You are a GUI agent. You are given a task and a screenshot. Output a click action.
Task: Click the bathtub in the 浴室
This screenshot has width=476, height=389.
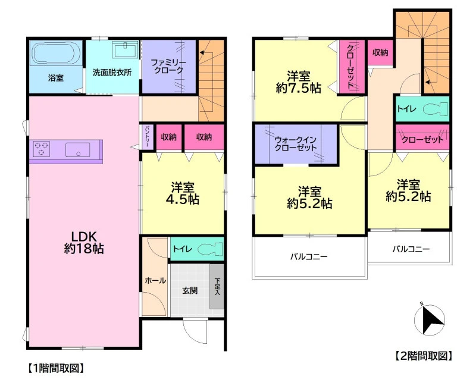(x=56, y=54)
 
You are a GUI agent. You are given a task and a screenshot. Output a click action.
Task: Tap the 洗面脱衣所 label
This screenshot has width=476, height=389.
(x=112, y=73)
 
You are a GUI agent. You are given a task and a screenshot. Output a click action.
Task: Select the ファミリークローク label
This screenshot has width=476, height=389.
(x=168, y=67)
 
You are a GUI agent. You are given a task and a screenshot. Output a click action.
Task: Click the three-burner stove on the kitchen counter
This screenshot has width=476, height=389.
(x=41, y=149)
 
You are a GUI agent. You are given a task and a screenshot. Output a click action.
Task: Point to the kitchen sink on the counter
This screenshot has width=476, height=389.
(x=78, y=149)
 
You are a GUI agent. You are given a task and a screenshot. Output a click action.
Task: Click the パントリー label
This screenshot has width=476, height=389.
(x=147, y=137)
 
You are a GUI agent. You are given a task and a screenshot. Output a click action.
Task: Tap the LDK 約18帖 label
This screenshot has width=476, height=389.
(x=84, y=242)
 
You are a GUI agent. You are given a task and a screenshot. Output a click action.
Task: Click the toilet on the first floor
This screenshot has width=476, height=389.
(x=211, y=249)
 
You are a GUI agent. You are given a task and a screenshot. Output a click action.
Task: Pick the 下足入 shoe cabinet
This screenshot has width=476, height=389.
(x=217, y=287)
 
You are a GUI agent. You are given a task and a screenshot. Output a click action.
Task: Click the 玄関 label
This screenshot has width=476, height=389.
(x=190, y=291)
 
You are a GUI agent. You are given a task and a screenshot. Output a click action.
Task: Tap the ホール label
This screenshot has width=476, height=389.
(x=155, y=281)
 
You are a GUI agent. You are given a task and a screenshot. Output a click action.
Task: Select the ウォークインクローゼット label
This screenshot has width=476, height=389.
(x=296, y=144)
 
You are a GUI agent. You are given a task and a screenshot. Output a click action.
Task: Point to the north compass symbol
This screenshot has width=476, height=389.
(x=430, y=321)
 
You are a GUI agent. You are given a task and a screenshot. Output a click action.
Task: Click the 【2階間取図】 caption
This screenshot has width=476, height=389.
(x=424, y=356)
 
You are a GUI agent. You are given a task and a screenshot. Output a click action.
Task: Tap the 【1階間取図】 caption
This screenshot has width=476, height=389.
(x=55, y=368)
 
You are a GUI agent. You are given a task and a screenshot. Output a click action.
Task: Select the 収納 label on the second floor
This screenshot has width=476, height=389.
(x=380, y=52)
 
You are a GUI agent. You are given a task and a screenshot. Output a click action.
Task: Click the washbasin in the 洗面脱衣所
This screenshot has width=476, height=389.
(x=126, y=49)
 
